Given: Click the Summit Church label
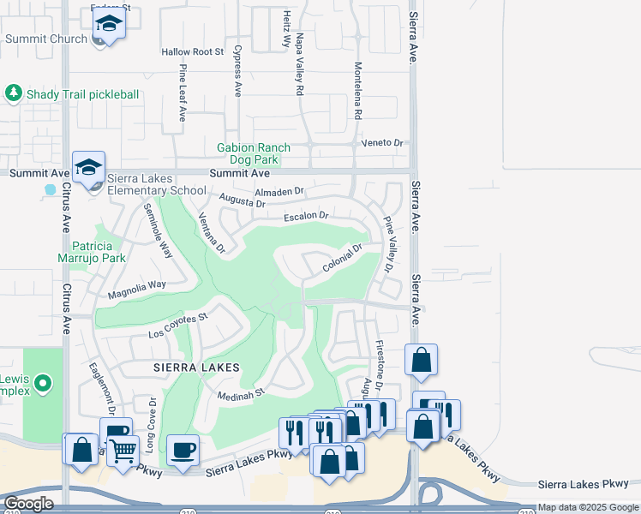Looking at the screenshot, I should pyautogui.click(x=46, y=39).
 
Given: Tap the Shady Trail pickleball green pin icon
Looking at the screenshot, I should pyautogui.click(x=13, y=93).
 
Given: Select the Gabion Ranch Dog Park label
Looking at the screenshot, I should pyautogui.click(x=253, y=153).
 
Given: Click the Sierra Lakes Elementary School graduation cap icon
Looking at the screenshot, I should pyautogui.click(x=88, y=167).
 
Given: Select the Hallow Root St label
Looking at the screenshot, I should pyautogui.click(x=192, y=52).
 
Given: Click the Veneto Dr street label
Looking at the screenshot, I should pyautogui.click(x=382, y=143).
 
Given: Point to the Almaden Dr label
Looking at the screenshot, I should pyautogui.click(x=279, y=192).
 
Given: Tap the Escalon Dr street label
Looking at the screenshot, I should pyautogui.click(x=307, y=216).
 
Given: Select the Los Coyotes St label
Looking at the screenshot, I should pyautogui.click(x=178, y=325).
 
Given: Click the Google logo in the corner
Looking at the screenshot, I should pyautogui.click(x=28, y=504).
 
